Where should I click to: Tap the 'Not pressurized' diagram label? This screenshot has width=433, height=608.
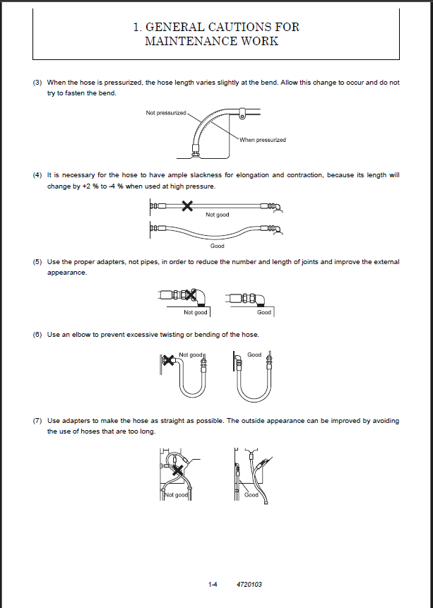(x=166, y=113)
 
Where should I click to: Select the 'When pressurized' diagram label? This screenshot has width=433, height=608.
(x=263, y=140)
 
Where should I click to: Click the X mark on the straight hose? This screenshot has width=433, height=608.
(x=187, y=206)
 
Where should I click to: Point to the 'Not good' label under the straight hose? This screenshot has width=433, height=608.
(x=218, y=215)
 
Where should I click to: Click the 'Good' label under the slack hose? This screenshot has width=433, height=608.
(x=218, y=246)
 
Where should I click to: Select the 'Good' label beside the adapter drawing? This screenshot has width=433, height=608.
(x=264, y=312)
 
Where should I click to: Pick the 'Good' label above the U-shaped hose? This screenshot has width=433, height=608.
(x=254, y=354)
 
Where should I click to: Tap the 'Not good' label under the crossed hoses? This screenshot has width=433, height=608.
(x=177, y=495)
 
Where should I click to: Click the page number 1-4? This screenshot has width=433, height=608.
(x=212, y=584)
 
